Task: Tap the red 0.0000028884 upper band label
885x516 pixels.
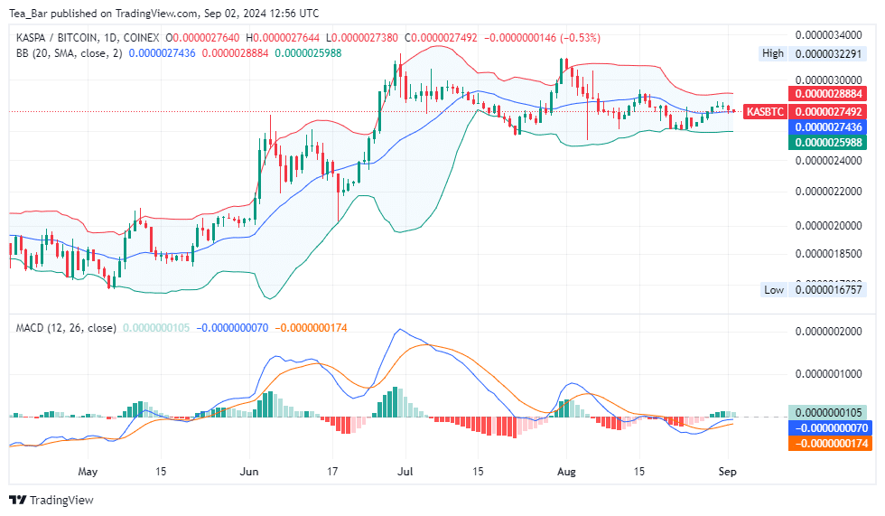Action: click(x=827, y=94)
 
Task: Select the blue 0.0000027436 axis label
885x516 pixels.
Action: click(x=827, y=127)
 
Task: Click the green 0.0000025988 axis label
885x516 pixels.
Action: click(x=827, y=143)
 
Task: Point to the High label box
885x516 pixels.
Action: click(x=773, y=53)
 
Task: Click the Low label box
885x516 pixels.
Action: click(x=774, y=290)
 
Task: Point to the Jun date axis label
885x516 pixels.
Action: click(x=250, y=472)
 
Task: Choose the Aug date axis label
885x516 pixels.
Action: click(x=566, y=472)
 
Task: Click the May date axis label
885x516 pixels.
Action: click(x=87, y=472)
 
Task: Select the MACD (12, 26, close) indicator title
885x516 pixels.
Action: click(x=66, y=328)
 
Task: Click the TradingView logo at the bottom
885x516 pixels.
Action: click(x=51, y=500)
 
